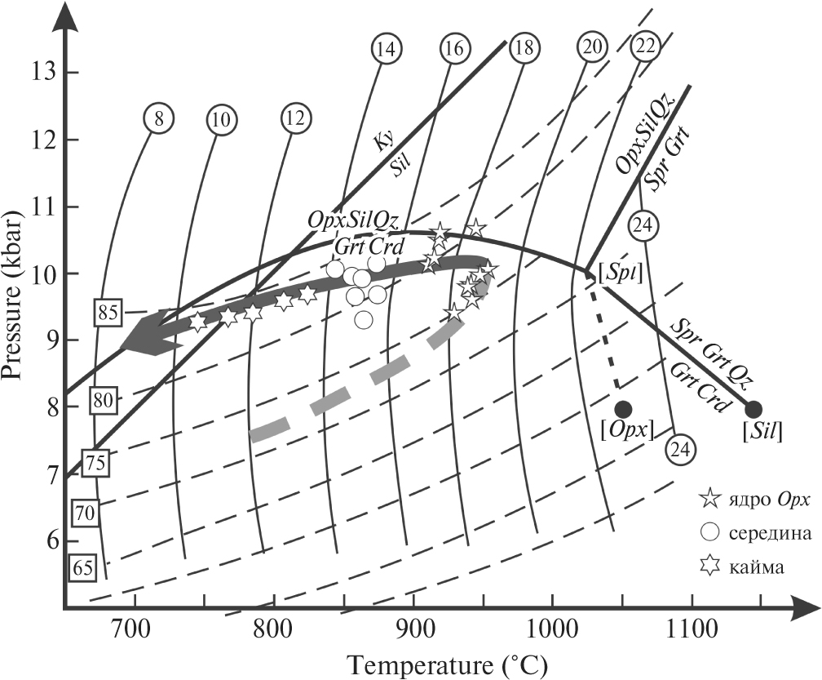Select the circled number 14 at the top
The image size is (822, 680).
(387, 49)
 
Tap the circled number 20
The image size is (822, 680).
(591, 48)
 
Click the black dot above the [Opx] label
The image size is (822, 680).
(623, 408)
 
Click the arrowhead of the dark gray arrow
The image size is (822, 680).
(147, 337)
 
